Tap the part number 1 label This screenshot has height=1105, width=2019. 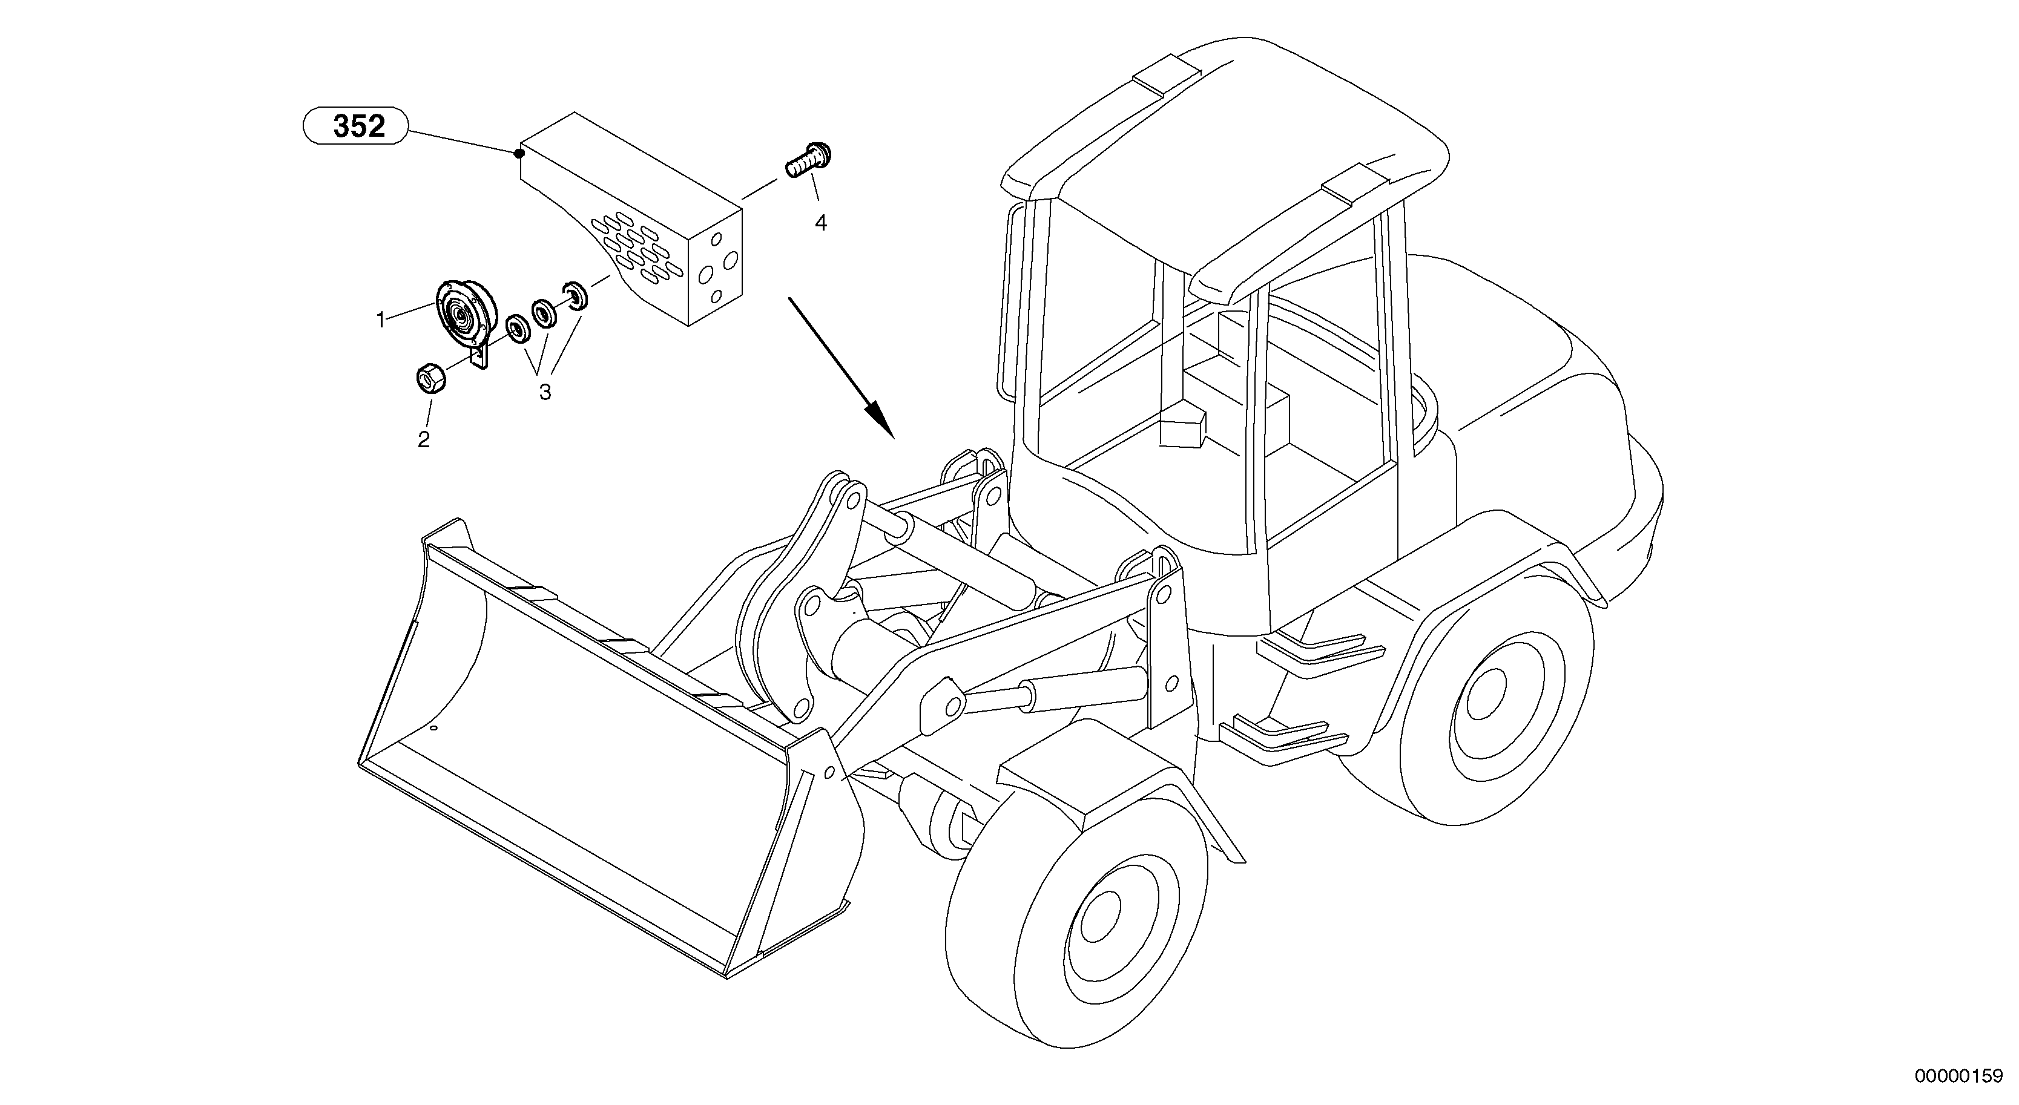point(381,320)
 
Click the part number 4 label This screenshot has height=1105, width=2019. point(820,223)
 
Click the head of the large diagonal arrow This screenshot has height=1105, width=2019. point(881,420)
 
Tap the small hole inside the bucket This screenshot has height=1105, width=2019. point(435,728)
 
